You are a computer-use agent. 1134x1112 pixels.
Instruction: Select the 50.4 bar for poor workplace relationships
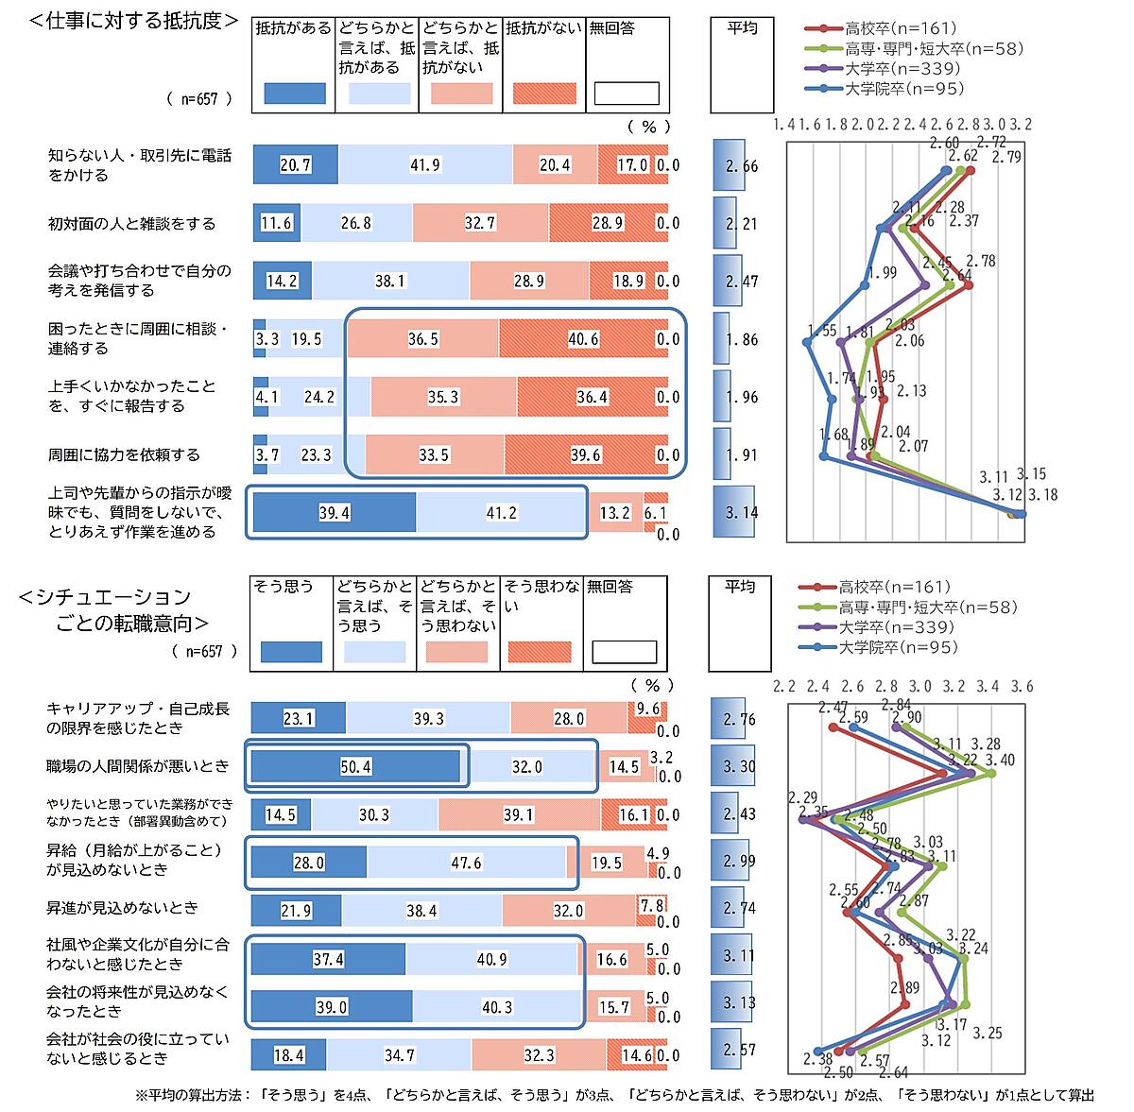354,766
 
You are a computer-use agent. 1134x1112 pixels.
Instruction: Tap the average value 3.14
741,513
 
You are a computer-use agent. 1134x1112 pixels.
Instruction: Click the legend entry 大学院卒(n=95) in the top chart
904,89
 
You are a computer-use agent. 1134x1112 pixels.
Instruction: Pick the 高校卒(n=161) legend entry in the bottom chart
893,588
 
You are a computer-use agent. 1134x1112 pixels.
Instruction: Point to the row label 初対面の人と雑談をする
132,224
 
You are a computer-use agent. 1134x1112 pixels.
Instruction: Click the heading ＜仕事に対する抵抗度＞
130,21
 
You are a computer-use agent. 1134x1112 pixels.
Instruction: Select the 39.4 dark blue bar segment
335,512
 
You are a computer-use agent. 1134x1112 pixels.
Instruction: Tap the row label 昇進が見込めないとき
123,908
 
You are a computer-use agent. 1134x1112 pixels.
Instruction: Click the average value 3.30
741,767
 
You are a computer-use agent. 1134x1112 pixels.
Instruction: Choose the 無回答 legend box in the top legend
626,93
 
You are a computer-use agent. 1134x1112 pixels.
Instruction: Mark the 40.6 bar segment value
583,339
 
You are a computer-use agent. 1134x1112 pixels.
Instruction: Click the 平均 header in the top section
741,28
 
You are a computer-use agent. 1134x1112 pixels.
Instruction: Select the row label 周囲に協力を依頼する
124,454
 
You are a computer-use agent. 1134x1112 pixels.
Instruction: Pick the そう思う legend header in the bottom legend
284,587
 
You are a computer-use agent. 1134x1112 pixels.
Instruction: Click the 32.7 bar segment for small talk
481,224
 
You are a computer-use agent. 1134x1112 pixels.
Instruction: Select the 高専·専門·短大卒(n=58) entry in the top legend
931,48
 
